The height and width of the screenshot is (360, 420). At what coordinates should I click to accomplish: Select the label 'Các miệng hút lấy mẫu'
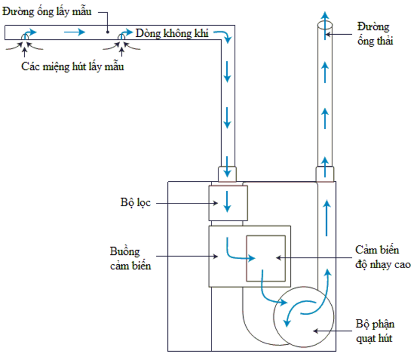click(73, 67)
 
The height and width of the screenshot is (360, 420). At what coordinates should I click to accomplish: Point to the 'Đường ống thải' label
click(375, 33)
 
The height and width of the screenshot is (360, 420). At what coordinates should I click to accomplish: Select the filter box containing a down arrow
click(227, 203)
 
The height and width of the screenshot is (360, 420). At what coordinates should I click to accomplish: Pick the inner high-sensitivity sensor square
click(267, 258)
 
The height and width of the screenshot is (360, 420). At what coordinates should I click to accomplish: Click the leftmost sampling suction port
click(25, 35)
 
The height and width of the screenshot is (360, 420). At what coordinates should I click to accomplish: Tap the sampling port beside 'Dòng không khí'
click(122, 35)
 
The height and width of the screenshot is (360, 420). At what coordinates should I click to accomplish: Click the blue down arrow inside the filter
click(227, 202)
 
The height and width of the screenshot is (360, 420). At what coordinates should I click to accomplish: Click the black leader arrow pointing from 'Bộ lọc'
click(181, 203)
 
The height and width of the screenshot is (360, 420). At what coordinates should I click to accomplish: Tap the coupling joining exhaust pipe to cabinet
click(325, 173)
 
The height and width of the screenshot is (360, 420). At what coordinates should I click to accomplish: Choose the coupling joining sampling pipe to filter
click(227, 173)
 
